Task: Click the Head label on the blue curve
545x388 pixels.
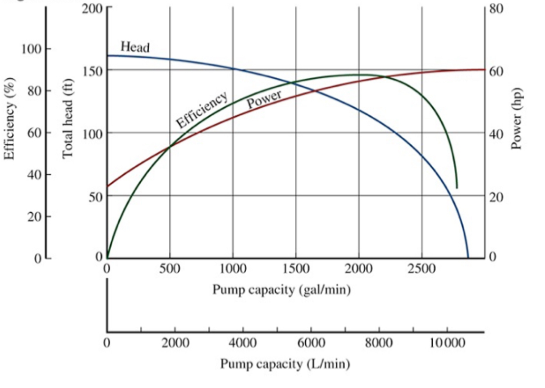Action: (x=135, y=47)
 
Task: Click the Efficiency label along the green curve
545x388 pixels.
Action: (x=202, y=110)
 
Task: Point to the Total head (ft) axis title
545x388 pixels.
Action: (x=67, y=119)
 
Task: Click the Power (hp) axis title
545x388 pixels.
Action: (x=516, y=119)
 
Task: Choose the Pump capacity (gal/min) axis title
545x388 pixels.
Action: (x=282, y=289)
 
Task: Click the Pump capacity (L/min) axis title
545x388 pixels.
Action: (x=285, y=364)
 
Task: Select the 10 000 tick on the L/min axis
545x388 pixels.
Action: (x=447, y=343)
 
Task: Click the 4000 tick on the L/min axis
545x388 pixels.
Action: (x=243, y=343)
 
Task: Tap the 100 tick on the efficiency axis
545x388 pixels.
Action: (x=31, y=49)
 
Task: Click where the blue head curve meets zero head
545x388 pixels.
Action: (x=468, y=257)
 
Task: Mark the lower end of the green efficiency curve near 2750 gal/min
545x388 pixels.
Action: (x=457, y=188)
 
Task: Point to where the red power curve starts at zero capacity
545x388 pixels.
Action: (x=107, y=186)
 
